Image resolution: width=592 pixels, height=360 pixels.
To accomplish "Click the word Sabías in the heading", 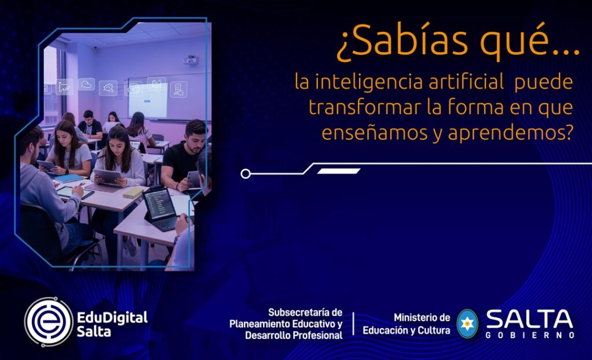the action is pos(402,41).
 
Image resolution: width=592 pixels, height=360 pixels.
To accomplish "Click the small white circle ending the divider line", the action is pos(245,173).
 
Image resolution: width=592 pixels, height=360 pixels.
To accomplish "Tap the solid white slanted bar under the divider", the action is pos(339,171).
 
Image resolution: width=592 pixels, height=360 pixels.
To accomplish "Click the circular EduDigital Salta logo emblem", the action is pos(49,322).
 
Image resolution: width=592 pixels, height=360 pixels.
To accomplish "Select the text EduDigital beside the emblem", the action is pos(112,318).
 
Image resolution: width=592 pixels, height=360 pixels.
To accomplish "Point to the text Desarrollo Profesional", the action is pos(294,335).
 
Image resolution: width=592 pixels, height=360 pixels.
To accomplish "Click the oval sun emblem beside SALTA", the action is pos(467,324).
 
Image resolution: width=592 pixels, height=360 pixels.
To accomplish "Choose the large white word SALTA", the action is pos(530,319).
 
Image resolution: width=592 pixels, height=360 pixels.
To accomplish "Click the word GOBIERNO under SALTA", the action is pos(530,335).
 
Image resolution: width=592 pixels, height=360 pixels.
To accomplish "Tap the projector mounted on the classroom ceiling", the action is pos(190,60).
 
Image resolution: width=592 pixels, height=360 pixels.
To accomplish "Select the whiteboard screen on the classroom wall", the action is pos(148,99).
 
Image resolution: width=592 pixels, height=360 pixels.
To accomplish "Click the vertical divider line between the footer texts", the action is pos(354,324).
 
